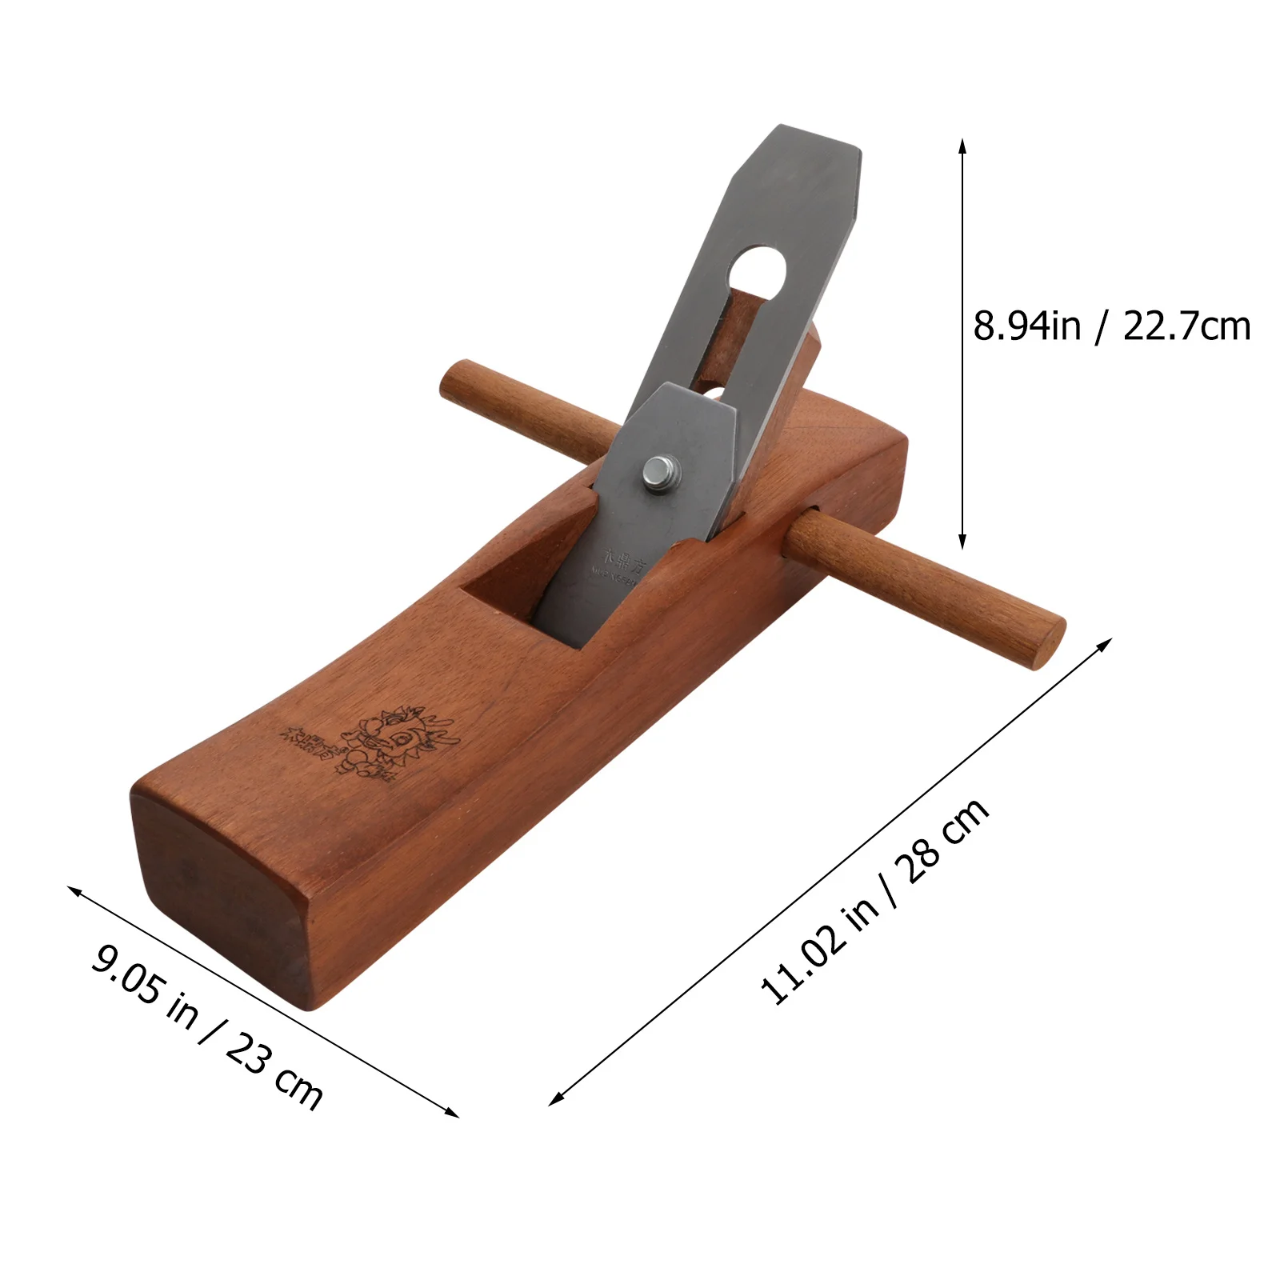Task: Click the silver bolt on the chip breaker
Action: (x=661, y=474)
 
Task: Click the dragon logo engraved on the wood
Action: (x=400, y=740)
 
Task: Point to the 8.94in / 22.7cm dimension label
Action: (x=1111, y=326)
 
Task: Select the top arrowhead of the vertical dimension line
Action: (x=962, y=144)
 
